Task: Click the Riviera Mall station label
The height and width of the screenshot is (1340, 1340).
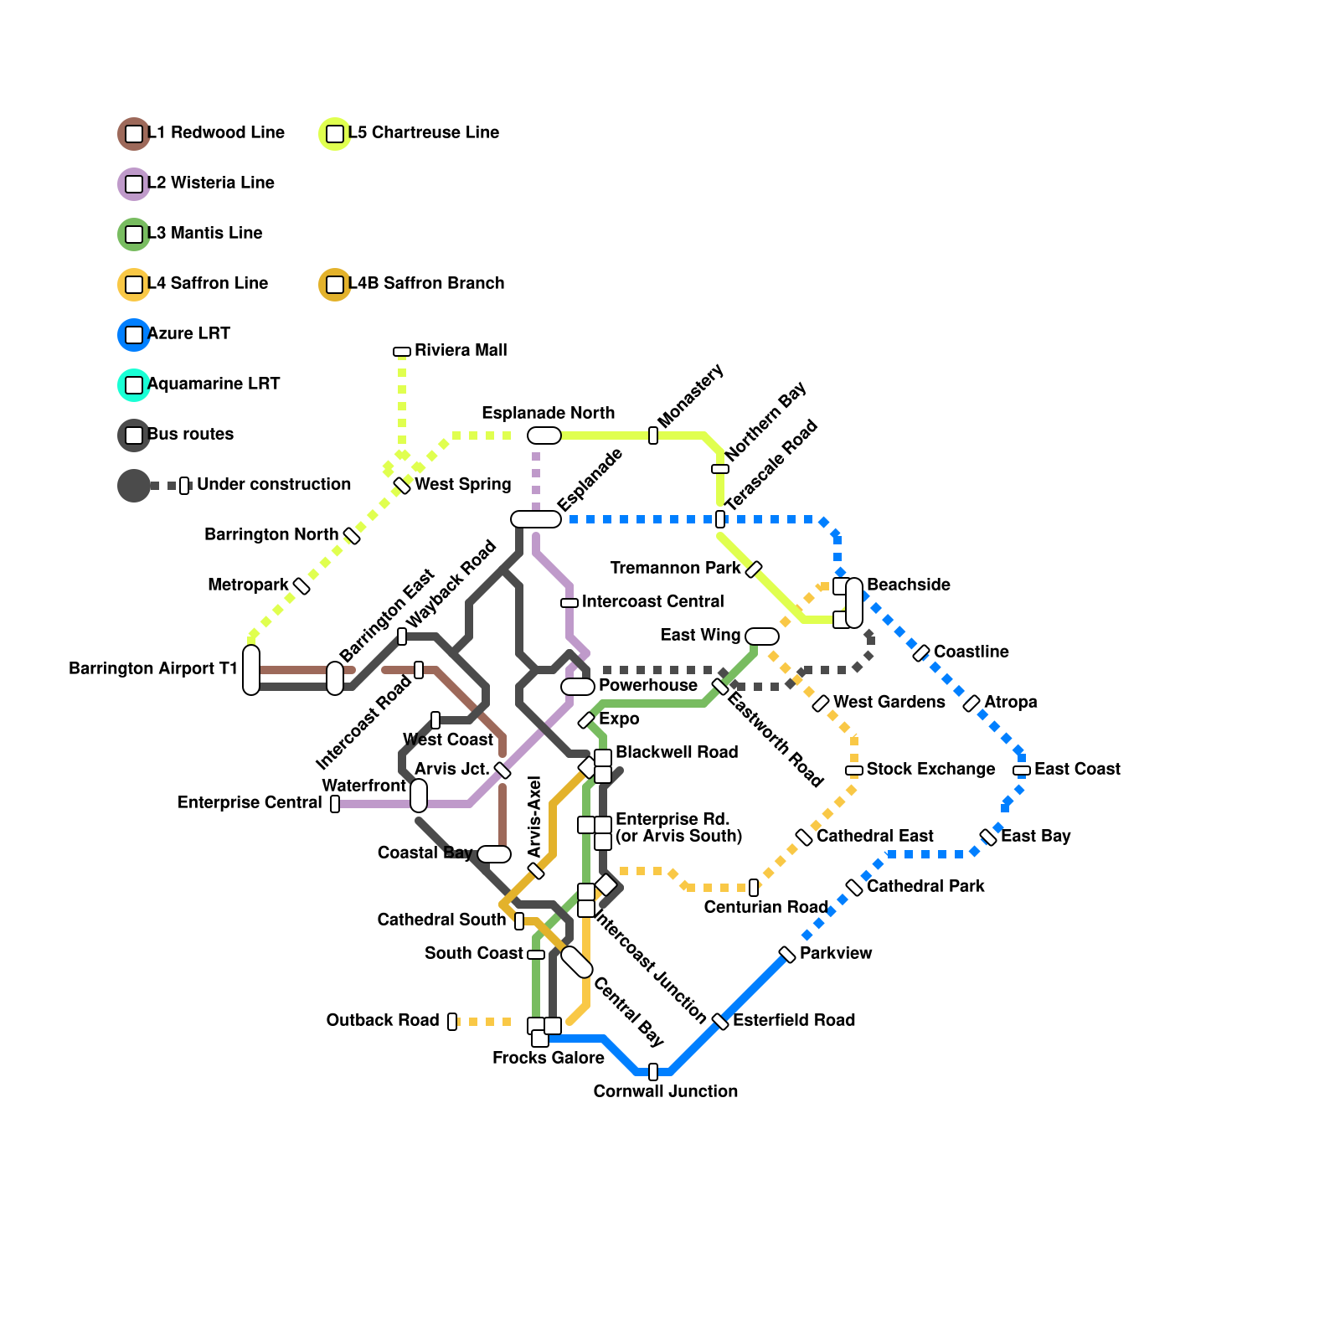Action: click(x=461, y=350)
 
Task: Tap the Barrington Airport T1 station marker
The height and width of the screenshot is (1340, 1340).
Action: click(x=251, y=670)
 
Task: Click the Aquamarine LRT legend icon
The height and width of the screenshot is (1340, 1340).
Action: click(x=134, y=385)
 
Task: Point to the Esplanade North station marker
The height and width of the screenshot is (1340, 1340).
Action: click(x=544, y=435)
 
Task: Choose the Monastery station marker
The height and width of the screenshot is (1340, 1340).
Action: click(x=653, y=435)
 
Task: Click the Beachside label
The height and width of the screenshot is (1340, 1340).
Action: click(x=909, y=585)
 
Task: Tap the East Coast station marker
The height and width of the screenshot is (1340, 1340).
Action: click(x=1022, y=770)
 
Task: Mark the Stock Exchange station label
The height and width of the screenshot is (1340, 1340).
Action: click(x=930, y=769)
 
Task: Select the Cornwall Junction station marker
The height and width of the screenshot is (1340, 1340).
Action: click(x=653, y=1072)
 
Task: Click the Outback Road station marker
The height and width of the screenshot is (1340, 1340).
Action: click(x=452, y=1022)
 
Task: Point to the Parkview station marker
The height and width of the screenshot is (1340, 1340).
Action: click(x=787, y=955)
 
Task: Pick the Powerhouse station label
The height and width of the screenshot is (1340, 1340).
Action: click(x=648, y=685)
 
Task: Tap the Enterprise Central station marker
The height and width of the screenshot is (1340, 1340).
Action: click(x=335, y=804)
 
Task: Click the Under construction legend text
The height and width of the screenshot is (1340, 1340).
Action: click(x=274, y=484)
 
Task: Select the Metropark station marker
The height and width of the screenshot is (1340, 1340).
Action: click(x=301, y=586)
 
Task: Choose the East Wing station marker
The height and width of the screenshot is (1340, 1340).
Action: click(x=762, y=636)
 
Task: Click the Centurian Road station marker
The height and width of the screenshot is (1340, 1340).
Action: click(x=754, y=888)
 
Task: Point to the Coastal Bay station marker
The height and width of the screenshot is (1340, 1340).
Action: click(x=494, y=854)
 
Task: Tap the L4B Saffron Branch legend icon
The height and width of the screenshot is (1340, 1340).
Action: click(x=335, y=285)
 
